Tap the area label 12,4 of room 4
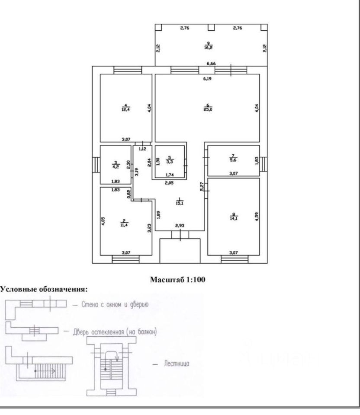[125, 109]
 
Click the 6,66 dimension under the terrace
[211, 64]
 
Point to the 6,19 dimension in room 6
[208, 79]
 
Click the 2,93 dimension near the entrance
[180, 226]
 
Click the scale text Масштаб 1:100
[177, 280]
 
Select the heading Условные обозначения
[44, 288]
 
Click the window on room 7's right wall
[264, 161]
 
